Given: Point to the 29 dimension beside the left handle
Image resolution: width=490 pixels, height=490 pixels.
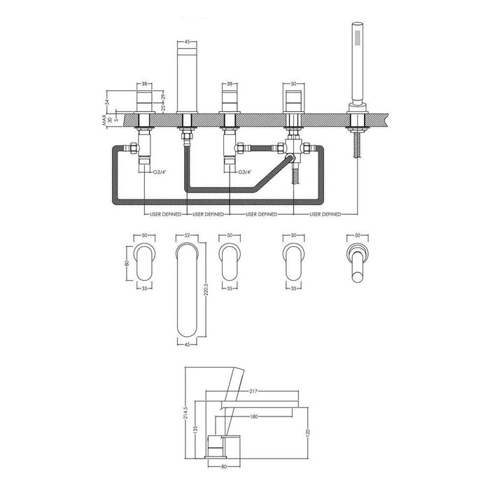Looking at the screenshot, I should coord(163,97).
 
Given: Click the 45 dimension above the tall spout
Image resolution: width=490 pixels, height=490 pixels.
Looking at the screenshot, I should coord(187,43).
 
